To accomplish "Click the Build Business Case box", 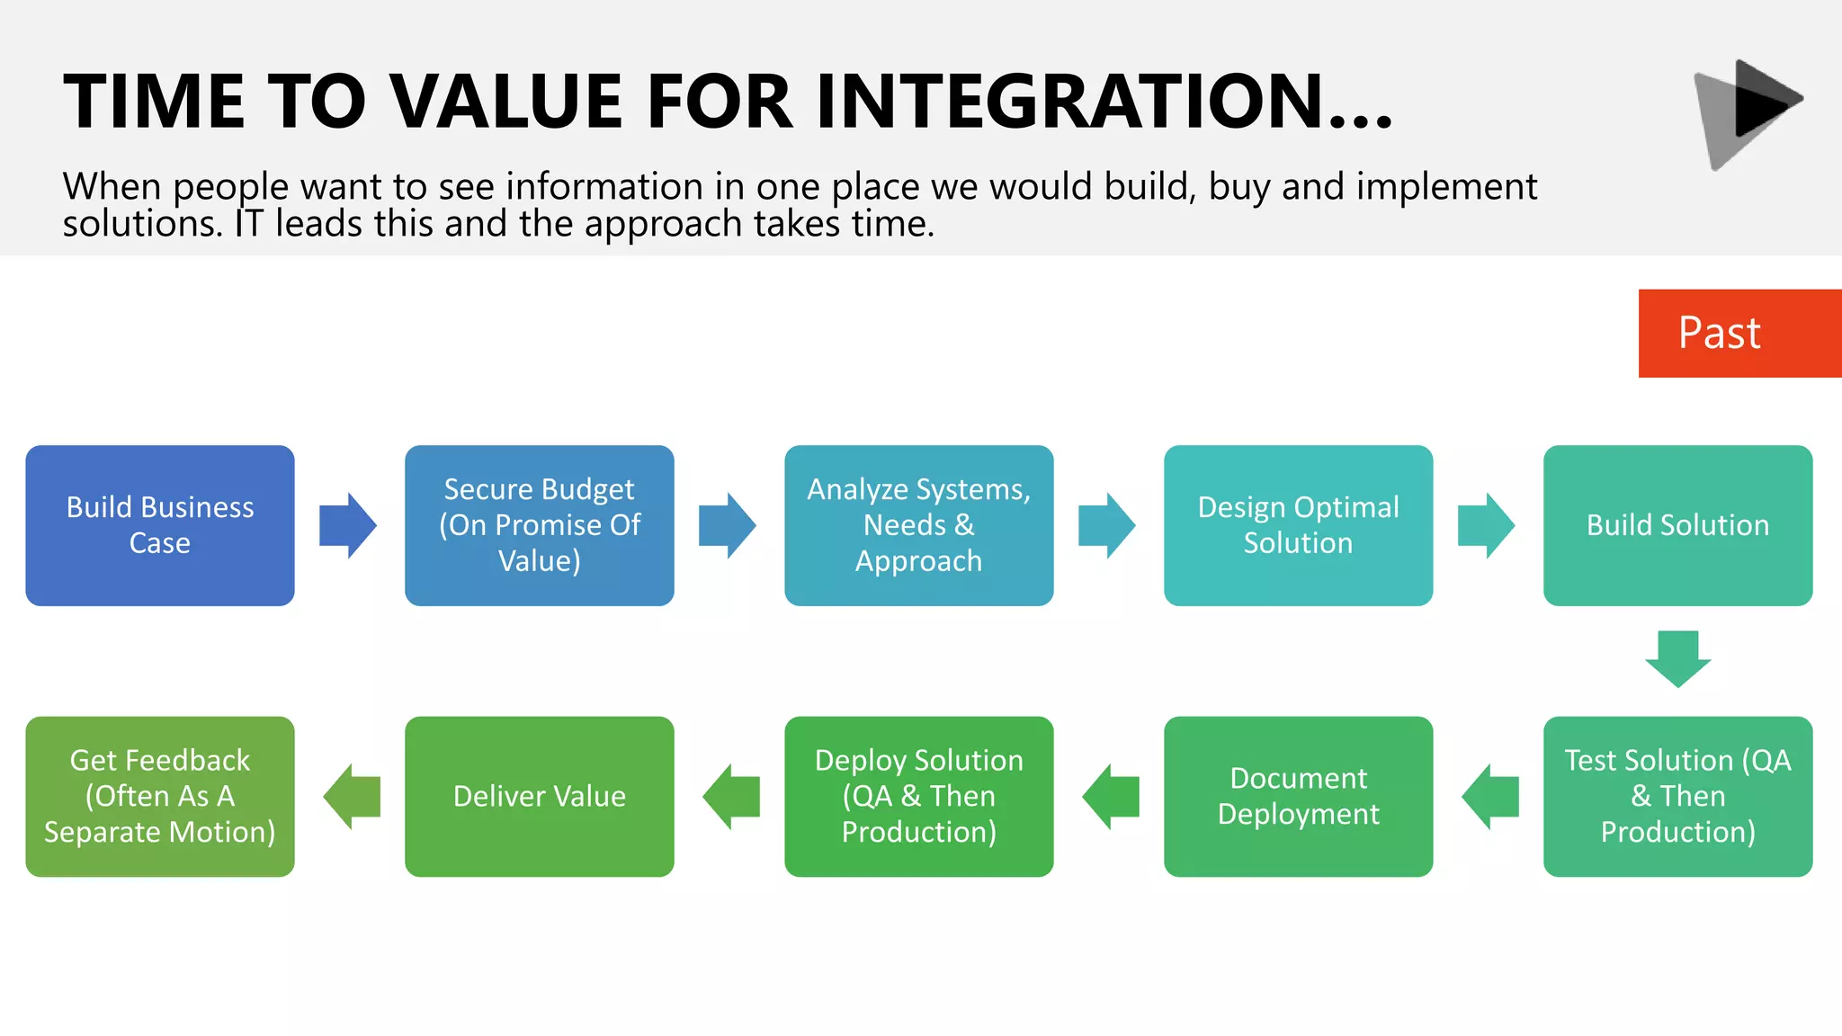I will pos(160,525).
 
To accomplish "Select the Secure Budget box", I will pos(540,525).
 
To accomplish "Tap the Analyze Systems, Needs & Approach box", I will pos(918,525).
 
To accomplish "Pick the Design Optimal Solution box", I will pos(1298,525).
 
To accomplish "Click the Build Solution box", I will pos(1677,525).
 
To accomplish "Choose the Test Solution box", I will pos(1677,796).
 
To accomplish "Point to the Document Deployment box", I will pos(1298,796).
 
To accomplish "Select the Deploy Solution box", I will pos(918,796).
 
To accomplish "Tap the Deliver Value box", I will pos(540,796).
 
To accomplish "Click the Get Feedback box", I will pos(160,796).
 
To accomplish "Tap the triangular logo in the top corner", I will pos(1746,113).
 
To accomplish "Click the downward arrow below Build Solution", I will pos(1677,658).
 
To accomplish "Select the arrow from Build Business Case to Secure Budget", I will pos(348,525).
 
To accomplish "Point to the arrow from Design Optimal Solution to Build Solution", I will pos(1486,525).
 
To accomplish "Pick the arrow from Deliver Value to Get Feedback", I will pos(352,796).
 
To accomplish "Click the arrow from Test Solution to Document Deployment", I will pos(1490,796).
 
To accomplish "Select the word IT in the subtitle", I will pos(248,223).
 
